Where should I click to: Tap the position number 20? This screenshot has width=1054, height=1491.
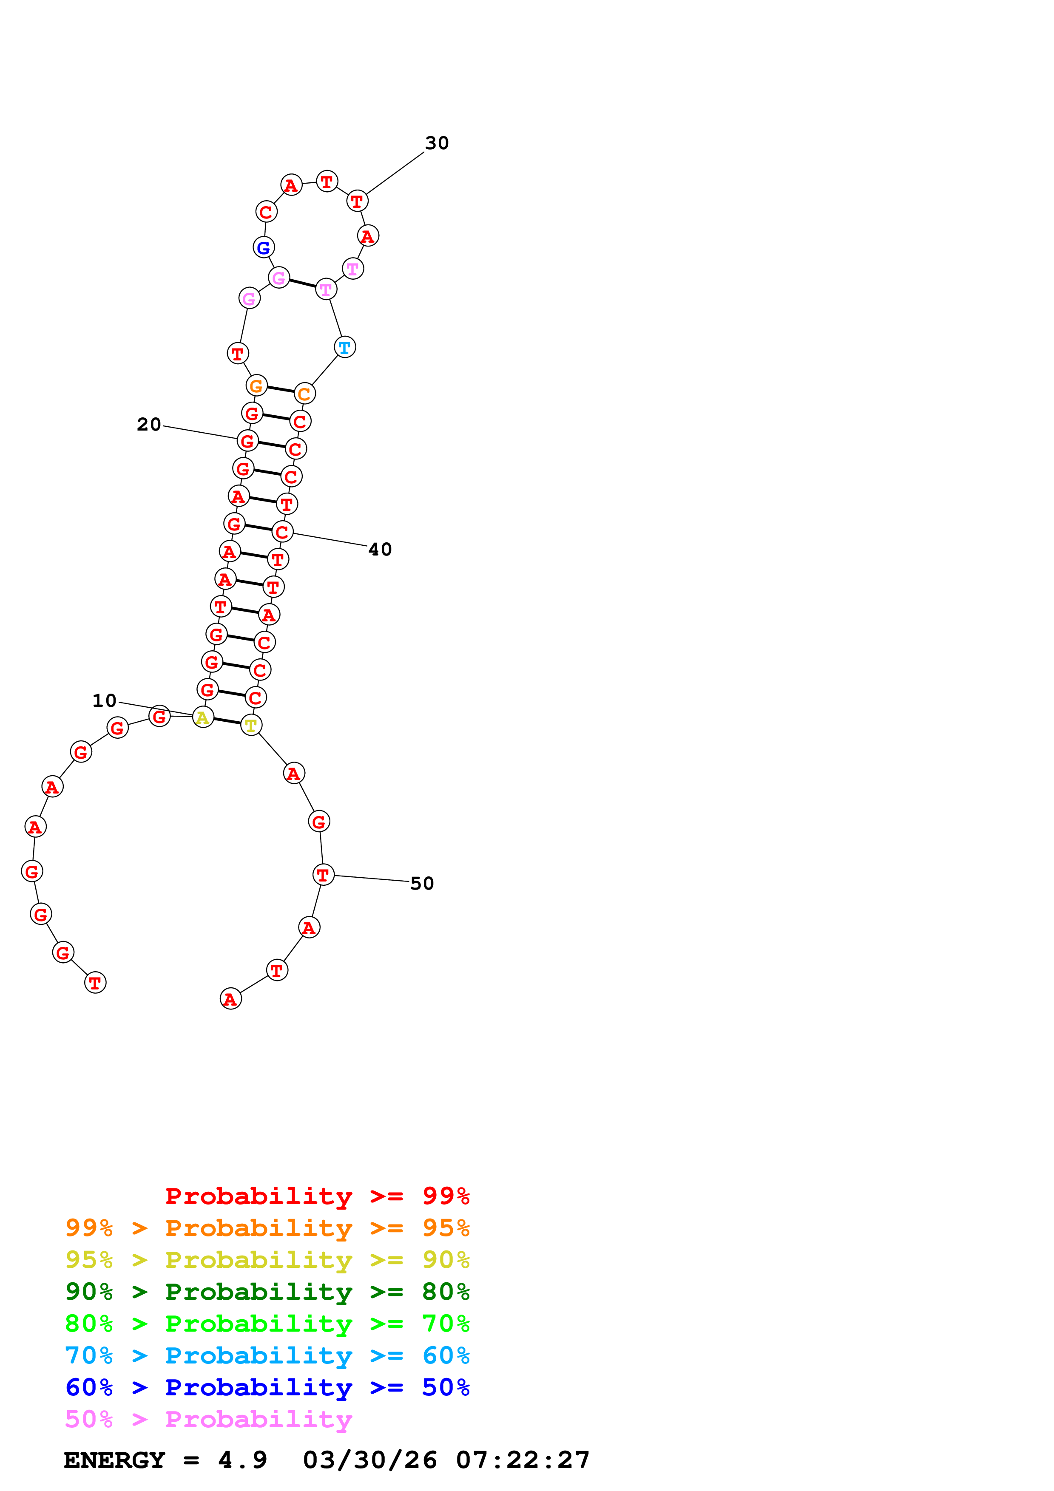point(149,425)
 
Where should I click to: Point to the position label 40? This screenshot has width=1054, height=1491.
point(380,550)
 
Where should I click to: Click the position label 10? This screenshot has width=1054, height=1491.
point(104,701)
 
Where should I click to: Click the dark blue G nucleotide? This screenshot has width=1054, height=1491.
point(264,247)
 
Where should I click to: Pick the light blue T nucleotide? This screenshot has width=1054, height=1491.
point(345,347)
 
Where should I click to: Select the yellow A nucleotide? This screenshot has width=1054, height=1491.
point(203,717)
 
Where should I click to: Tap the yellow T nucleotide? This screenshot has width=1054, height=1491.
point(251,726)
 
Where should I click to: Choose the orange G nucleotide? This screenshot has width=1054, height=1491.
point(256,386)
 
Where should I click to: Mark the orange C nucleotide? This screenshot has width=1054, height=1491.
point(304,394)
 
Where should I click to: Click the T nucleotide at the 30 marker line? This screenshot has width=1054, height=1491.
point(357,201)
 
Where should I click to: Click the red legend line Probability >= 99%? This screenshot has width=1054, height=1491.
point(317,1196)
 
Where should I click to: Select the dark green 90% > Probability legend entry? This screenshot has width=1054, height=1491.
point(267,1292)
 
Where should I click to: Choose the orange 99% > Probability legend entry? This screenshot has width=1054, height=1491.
point(267,1228)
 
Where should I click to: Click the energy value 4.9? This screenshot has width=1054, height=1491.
point(242,1460)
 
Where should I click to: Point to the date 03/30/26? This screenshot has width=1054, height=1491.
point(369,1460)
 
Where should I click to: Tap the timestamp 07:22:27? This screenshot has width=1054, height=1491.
point(523,1460)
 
